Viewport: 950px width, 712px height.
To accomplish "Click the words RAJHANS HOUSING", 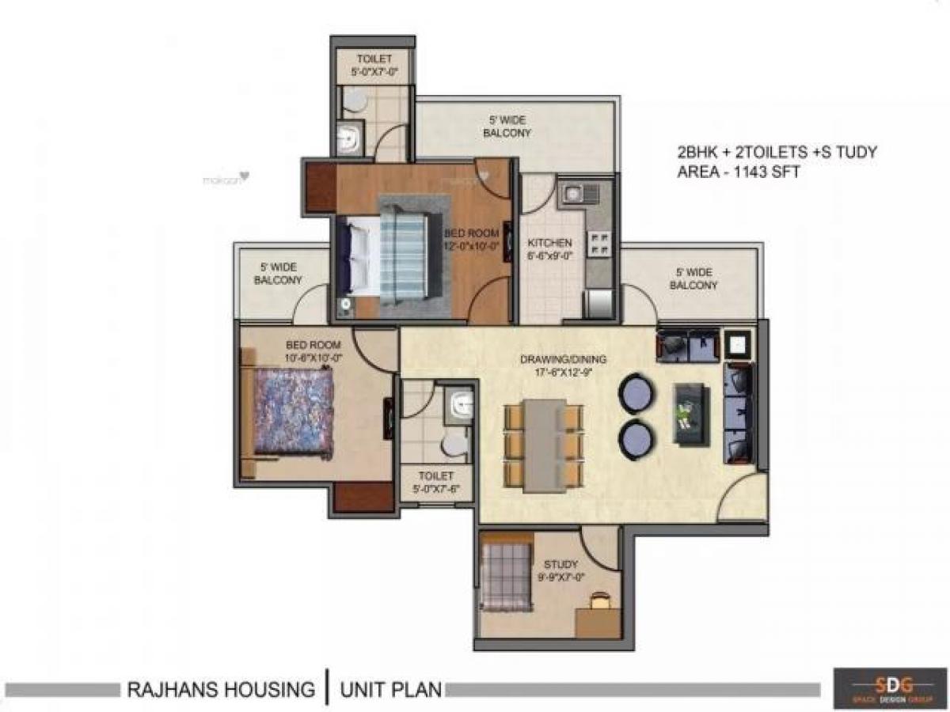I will tap(221, 689).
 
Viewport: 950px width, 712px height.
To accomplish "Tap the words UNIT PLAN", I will tap(390, 689).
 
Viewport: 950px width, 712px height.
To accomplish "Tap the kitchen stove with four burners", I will tap(599, 243).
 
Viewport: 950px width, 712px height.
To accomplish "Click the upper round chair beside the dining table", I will tap(636, 393).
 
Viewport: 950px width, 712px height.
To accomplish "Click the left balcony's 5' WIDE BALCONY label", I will tap(278, 274).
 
